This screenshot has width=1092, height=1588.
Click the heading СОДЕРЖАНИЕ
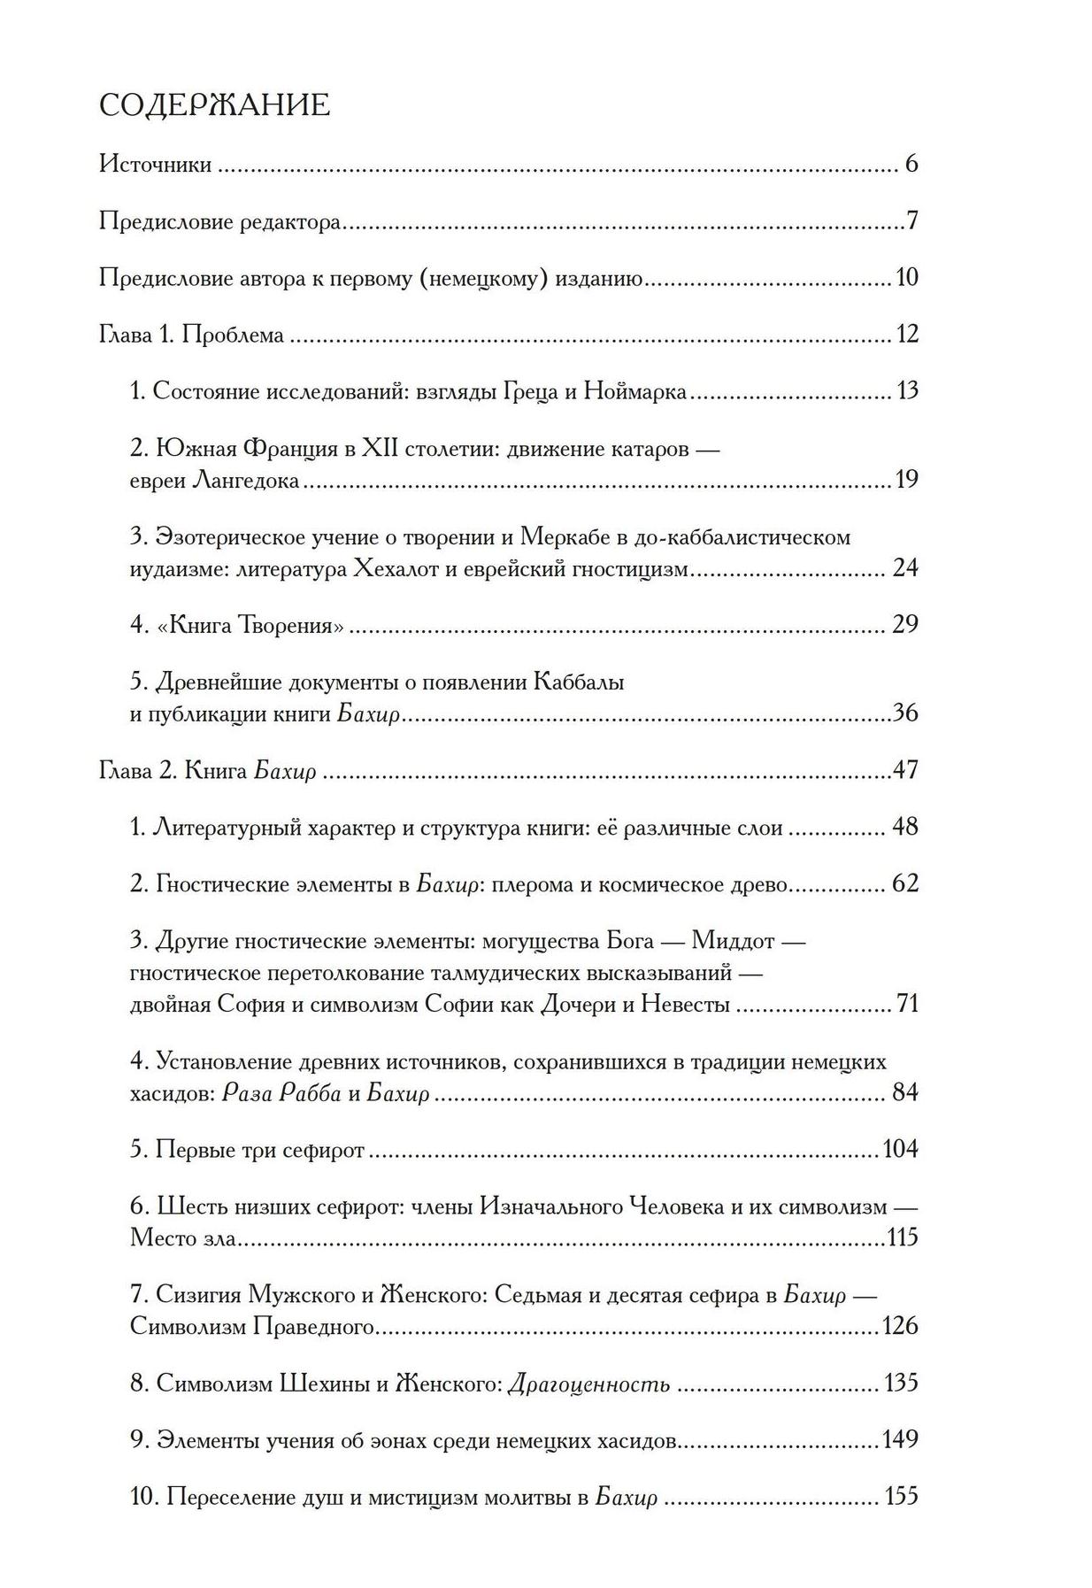tap(214, 105)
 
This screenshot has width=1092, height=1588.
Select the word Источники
tap(155, 165)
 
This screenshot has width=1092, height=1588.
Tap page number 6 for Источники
tap(911, 164)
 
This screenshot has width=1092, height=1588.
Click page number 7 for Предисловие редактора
tap(912, 220)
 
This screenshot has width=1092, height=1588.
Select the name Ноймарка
tap(635, 391)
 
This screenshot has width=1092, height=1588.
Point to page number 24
tap(905, 567)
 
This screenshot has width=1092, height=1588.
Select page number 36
tap(905, 713)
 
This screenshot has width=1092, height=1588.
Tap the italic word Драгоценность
tap(588, 1384)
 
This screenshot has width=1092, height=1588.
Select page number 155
tap(902, 1497)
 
